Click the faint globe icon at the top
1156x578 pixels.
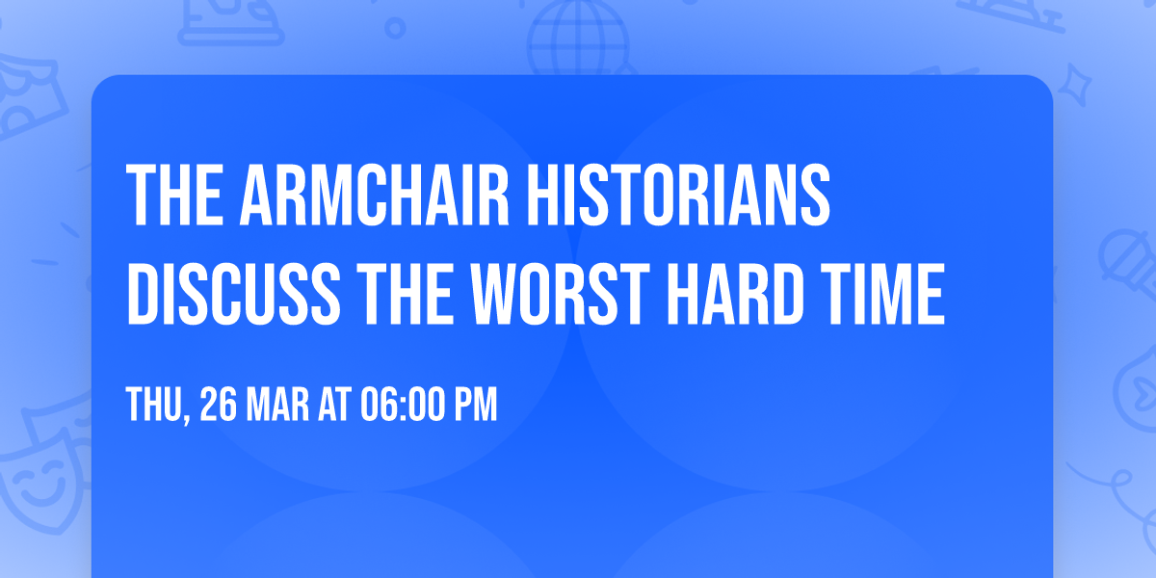(x=576, y=34)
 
